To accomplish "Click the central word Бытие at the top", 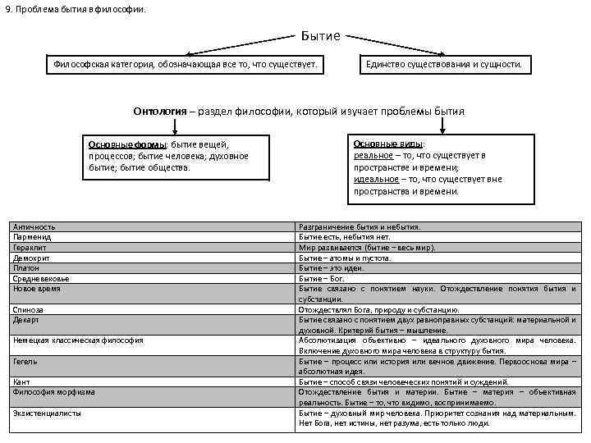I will (321, 36).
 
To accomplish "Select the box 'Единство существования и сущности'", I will (443, 64).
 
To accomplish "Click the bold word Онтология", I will (159, 111).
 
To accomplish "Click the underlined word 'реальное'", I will (370, 155).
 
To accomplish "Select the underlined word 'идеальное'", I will (376, 179).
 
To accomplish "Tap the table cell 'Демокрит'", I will (31, 258).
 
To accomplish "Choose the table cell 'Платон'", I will (26, 267).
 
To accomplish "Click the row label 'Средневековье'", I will (40, 278).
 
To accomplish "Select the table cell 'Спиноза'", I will (29, 309).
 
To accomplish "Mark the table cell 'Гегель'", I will (25, 361).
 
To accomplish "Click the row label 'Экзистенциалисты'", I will (48, 413).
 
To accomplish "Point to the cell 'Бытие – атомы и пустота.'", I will (346, 258).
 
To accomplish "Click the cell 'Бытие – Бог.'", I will (323, 278).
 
